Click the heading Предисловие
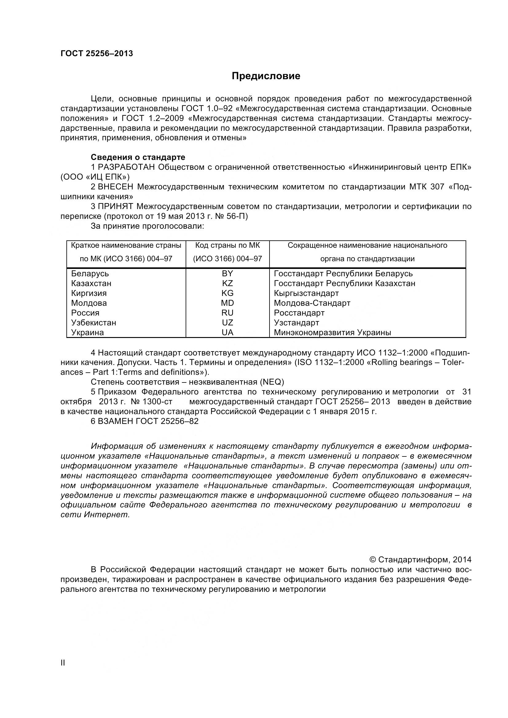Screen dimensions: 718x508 266,76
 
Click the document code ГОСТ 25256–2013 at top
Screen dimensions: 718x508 97,53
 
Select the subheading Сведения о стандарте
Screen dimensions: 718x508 138,157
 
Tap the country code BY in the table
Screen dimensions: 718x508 227,274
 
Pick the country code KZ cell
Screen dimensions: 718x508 227,283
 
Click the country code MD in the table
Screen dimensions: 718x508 227,303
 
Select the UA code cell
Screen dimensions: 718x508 227,332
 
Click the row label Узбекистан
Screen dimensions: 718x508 93,322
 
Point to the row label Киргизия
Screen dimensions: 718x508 89,293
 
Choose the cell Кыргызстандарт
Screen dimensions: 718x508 306,293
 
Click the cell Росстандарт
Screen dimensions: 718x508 299,313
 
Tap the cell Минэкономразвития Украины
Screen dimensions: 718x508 332,332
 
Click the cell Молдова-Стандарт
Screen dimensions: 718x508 312,303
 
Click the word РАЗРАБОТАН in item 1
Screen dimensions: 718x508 126,167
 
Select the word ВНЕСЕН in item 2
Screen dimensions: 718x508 116,187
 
